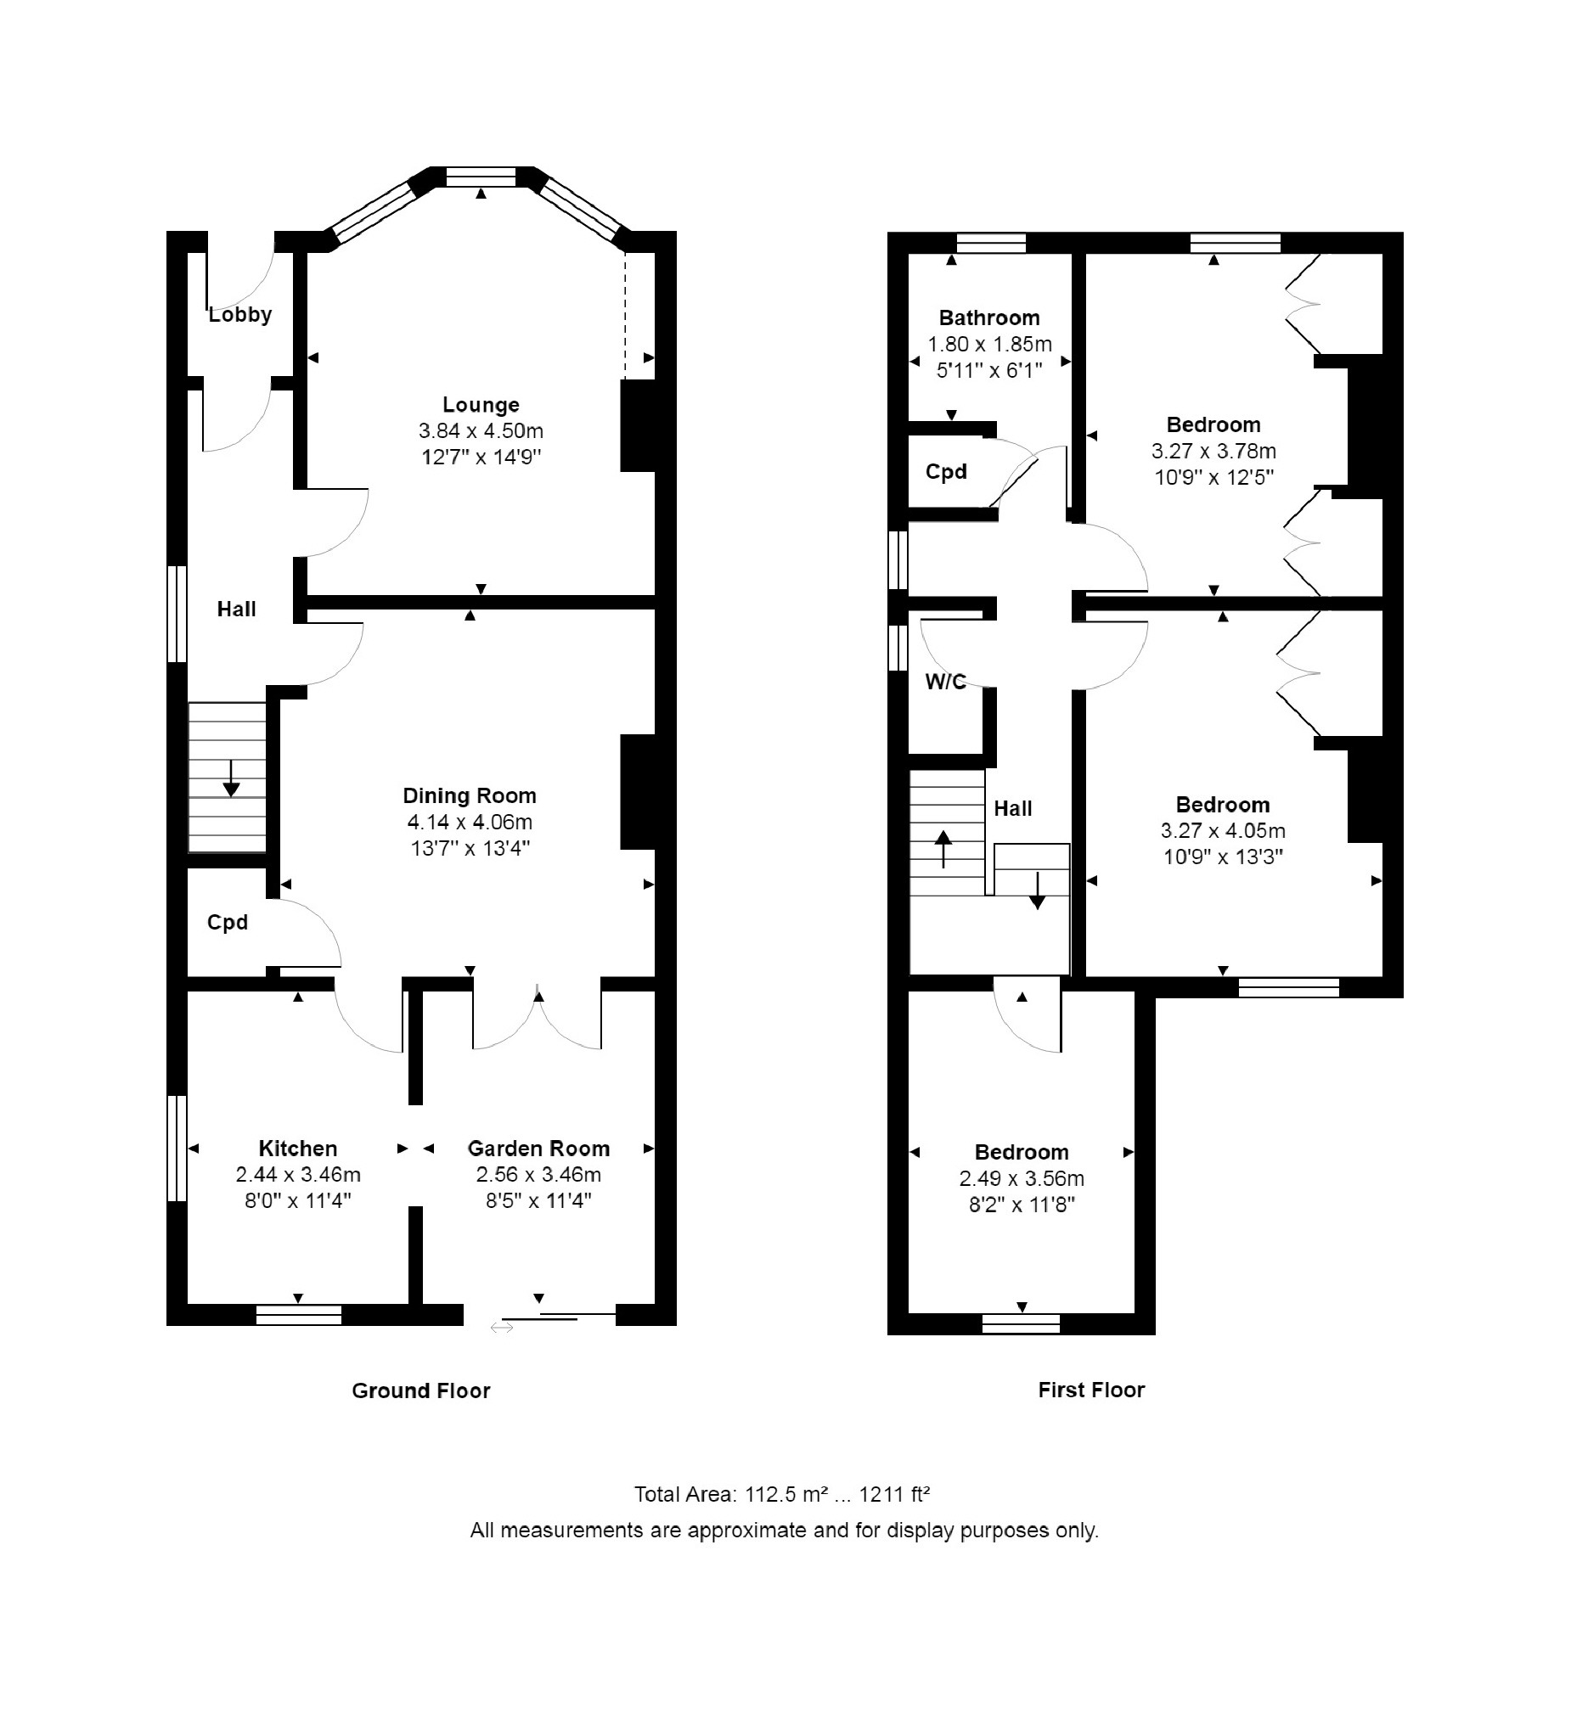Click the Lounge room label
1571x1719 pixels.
(481, 405)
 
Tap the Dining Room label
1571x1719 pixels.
(469, 795)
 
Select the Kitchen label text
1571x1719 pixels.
(298, 1148)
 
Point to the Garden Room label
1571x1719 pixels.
(538, 1148)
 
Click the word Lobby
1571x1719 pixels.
(240, 315)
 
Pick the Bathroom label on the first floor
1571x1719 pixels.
(989, 318)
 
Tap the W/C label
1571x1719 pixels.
(946, 682)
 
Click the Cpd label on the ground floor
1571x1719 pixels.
(228, 923)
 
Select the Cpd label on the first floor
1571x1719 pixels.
(946, 471)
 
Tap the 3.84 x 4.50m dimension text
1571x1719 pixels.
(481, 430)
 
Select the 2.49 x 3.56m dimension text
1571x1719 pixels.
(1022, 1178)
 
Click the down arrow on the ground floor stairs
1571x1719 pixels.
(230, 778)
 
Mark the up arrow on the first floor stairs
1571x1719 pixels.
(943, 849)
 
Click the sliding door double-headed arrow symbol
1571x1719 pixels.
(502, 1327)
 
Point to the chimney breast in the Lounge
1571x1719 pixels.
(637, 425)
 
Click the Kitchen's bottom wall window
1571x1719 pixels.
(299, 1315)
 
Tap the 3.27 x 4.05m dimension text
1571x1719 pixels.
(1223, 830)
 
